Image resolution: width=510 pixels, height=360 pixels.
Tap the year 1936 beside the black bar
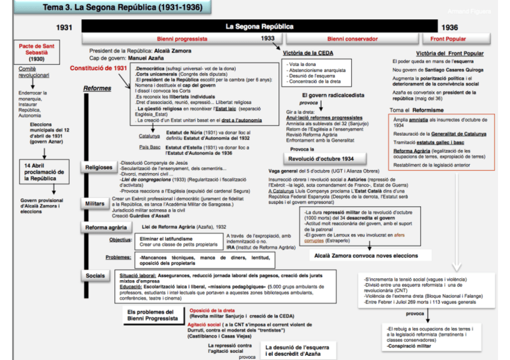point(449,28)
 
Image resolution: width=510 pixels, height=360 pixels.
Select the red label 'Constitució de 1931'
point(98,69)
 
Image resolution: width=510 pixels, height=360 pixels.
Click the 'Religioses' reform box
point(99,168)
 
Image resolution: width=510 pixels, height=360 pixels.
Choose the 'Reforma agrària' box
point(106,227)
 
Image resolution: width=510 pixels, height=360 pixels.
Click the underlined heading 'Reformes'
point(97,89)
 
